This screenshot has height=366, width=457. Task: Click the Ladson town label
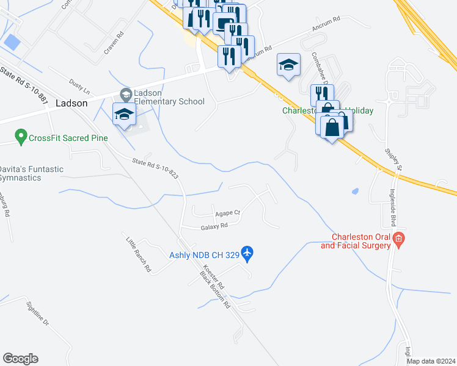pyautogui.click(x=71, y=103)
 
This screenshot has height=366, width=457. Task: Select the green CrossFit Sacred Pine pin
pyautogui.click(x=21, y=137)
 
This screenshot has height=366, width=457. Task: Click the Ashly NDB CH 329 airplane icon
pyautogui.click(x=247, y=252)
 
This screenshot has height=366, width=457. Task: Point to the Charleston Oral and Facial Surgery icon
pyautogui.click(x=399, y=239)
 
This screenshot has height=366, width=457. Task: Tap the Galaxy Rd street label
pyautogui.click(x=214, y=226)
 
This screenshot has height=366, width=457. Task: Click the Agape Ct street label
pyautogui.click(x=228, y=213)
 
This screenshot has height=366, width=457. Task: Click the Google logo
pyautogui.click(x=20, y=359)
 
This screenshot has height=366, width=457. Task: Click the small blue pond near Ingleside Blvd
pyautogui.click(x=355, y=191)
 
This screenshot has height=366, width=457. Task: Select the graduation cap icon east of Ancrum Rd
pyautogui.click(x=288, y=65)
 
